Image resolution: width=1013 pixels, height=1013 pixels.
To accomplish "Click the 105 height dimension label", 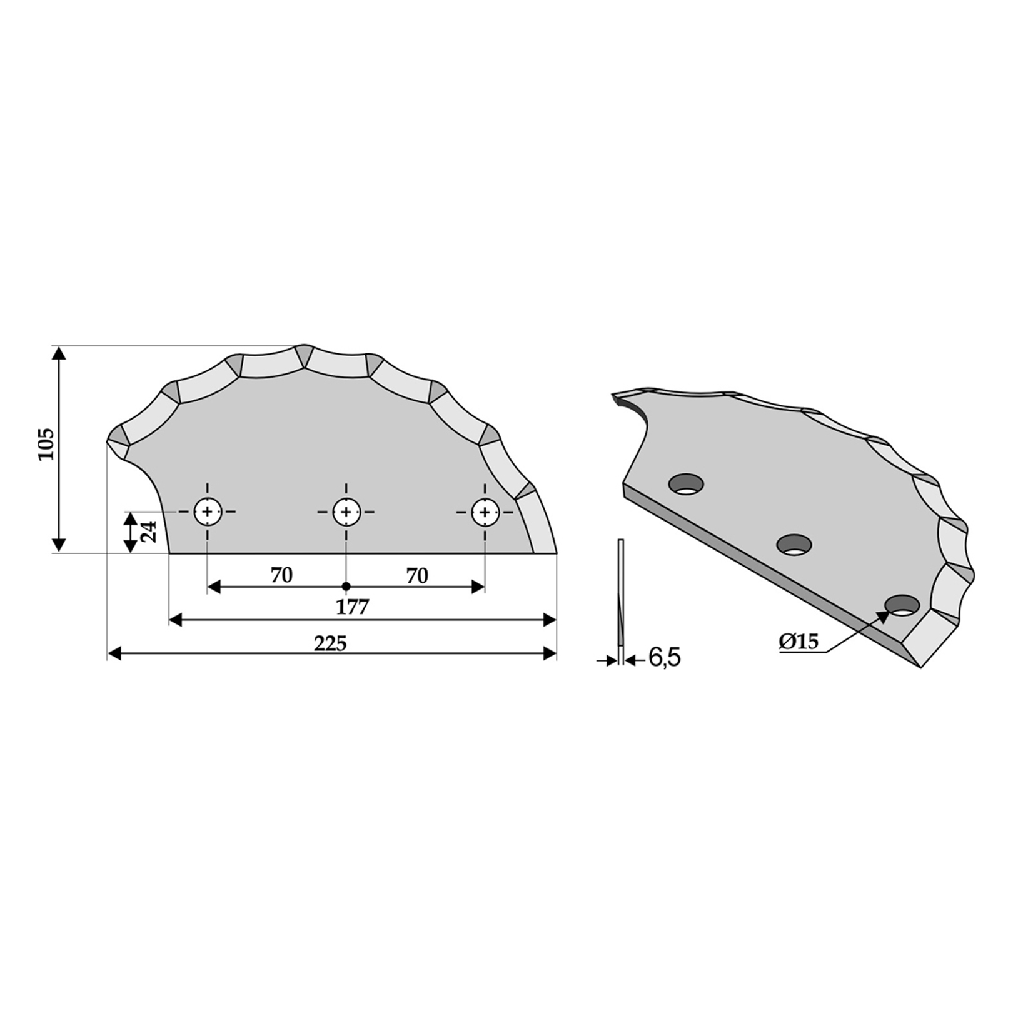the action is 47,444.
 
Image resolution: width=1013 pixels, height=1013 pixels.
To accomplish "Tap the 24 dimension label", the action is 149,532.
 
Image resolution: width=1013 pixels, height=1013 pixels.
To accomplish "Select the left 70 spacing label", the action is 281,575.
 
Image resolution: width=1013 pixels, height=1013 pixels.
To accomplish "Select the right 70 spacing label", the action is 417,575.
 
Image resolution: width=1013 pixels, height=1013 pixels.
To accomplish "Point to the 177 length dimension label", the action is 353,607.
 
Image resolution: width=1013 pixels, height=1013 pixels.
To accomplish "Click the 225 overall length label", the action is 330,643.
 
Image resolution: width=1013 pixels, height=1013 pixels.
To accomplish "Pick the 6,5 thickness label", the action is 664,658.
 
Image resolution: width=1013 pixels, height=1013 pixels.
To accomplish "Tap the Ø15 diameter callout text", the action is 799,642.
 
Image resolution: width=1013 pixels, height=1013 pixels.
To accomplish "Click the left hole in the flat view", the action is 208,512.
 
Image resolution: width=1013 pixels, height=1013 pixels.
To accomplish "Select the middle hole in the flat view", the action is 346,512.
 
